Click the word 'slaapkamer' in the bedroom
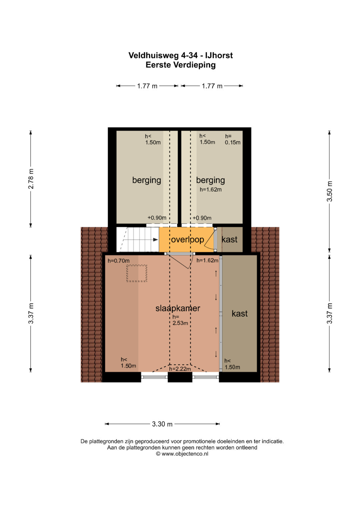(x=178, y=308)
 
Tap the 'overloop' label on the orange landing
(x=187, y=240)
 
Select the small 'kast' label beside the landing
(x=229, y=240)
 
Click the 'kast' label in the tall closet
(x=240, y=314)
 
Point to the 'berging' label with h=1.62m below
(x=210, y=180)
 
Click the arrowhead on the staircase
(x=156, y=240)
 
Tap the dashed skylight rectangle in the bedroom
(x=137, y=273)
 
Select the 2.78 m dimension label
(x=31, y=179)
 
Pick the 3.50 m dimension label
(x=329, y=191)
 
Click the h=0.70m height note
(x=119, y=261)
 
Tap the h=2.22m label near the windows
(x=180, y=369)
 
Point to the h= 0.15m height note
(x=233, y=139)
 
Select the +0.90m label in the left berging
(x=157, y=218)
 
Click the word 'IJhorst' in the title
(x=219, y=55)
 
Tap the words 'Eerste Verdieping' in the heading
(x=180, y=65)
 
